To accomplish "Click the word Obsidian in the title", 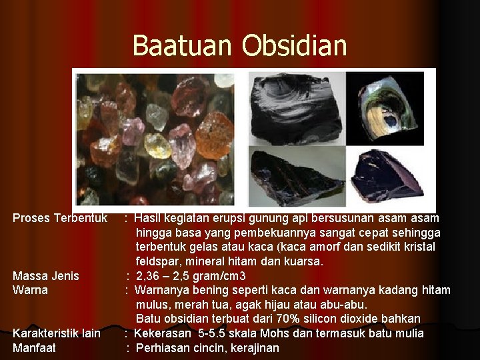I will [x=295, y=45].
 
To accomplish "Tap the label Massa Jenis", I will [x=45, y=276].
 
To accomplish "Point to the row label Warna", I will [x=30, y=291].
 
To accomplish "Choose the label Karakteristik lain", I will [x=57, y=333].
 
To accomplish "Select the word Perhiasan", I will [x=164, y=348].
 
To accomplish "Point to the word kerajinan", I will [x=253, y=348].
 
